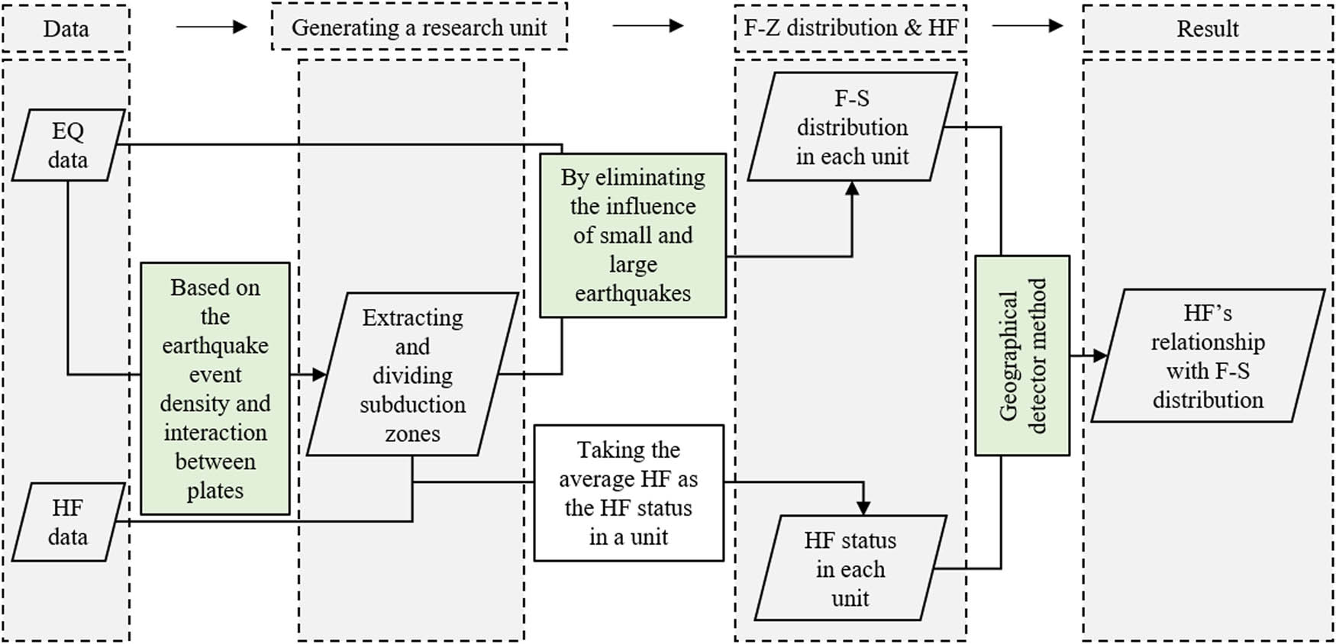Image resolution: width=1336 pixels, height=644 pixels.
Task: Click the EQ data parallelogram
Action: coord(68,145)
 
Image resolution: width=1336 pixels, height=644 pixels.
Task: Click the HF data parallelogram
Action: coord(68,522)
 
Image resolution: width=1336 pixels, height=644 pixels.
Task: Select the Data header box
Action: coord(66,29)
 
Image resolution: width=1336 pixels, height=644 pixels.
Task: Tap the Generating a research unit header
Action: coord(419,27)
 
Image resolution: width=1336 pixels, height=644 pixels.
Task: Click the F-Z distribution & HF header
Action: coord(850,27)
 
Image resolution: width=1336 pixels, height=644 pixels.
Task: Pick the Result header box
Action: coord(1207,29)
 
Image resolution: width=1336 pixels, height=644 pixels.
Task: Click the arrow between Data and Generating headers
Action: coord(211,27)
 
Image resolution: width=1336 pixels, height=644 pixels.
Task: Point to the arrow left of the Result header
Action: coord(1028,26)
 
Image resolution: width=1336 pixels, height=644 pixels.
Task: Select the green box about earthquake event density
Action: coord(215,388)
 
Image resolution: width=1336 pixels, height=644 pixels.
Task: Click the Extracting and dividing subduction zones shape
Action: coord(412,375)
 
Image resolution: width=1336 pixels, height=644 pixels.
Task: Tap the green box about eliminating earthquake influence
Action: coord(632,235)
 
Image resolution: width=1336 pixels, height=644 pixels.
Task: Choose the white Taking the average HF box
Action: coord(628,493)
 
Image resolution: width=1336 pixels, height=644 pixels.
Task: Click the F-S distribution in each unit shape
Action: coord(852,127)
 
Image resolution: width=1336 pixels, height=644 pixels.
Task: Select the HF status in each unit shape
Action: coord(850,568)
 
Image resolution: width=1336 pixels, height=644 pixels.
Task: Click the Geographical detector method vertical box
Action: coord(1022,356)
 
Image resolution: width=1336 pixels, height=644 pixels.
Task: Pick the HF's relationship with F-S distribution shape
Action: coord(1207,356)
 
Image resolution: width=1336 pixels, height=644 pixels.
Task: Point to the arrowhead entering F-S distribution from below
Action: coord(852,188)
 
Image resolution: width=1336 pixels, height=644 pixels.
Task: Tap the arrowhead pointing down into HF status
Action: coord(863,507)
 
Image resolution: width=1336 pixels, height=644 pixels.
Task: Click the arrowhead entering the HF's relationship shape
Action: coord(1100,356)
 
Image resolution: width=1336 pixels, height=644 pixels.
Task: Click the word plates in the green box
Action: coord(215,491)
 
